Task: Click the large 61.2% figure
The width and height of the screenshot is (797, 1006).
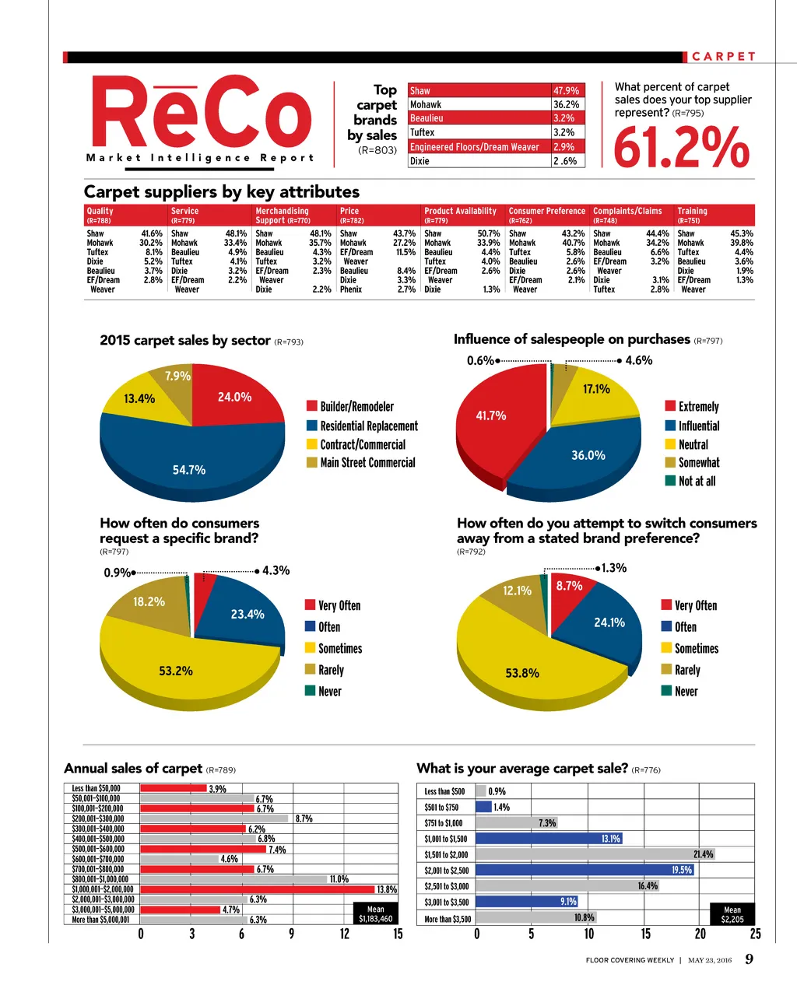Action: pos(682,148)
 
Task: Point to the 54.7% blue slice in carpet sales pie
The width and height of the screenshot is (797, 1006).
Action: pos(189,465)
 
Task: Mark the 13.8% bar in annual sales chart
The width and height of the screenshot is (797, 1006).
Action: pos(258,889)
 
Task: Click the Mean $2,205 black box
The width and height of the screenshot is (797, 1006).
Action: pos(732,914)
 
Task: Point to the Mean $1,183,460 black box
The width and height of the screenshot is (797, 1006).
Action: pos(375,914)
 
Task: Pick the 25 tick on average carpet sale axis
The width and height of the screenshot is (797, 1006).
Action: pos(755,934)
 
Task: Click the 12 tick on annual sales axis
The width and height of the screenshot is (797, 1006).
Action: pos(345,934)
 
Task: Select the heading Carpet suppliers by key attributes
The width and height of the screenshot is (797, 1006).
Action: pos(222,191)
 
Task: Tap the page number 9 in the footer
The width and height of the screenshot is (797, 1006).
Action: pos(749,959)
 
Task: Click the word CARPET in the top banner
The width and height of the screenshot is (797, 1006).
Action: pos(724,57)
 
